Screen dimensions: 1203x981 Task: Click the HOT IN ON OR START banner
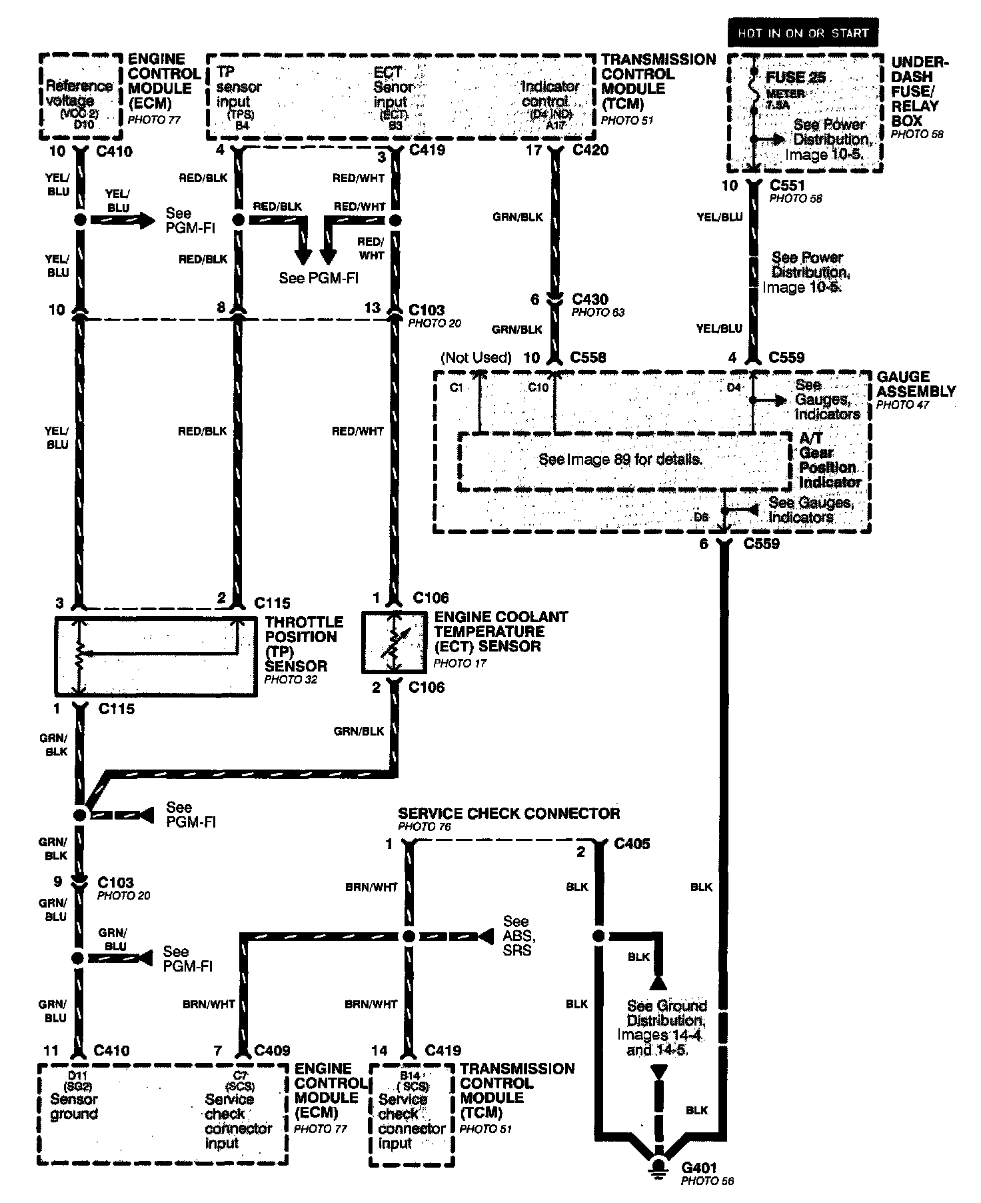pos(802,33)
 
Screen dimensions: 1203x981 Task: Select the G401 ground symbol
pos(659,1167)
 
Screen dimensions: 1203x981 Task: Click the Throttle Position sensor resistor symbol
pos(80,657)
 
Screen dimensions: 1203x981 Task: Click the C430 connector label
pos(590,299)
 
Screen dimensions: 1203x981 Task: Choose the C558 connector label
pos(588,357)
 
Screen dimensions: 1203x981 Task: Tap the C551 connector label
pos(787,185)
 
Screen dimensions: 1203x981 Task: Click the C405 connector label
pos(632,844)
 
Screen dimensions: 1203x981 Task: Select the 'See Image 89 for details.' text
pos(620,459)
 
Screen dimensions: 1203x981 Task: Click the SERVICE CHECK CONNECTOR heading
pos(509,814)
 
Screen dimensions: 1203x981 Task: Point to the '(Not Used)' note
pos(476,357)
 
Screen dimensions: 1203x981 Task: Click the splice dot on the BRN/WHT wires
pos(409,936)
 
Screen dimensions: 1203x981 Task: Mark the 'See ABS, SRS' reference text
pos(519,936)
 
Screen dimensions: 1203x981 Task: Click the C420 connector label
pos(590,150)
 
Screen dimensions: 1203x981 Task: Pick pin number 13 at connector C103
pos(373,307)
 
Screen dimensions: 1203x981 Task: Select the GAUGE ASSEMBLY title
pos(916,384)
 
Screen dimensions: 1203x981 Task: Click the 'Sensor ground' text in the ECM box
pos(74,1106)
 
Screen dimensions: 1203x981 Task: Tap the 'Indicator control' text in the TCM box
pos(550,94)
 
